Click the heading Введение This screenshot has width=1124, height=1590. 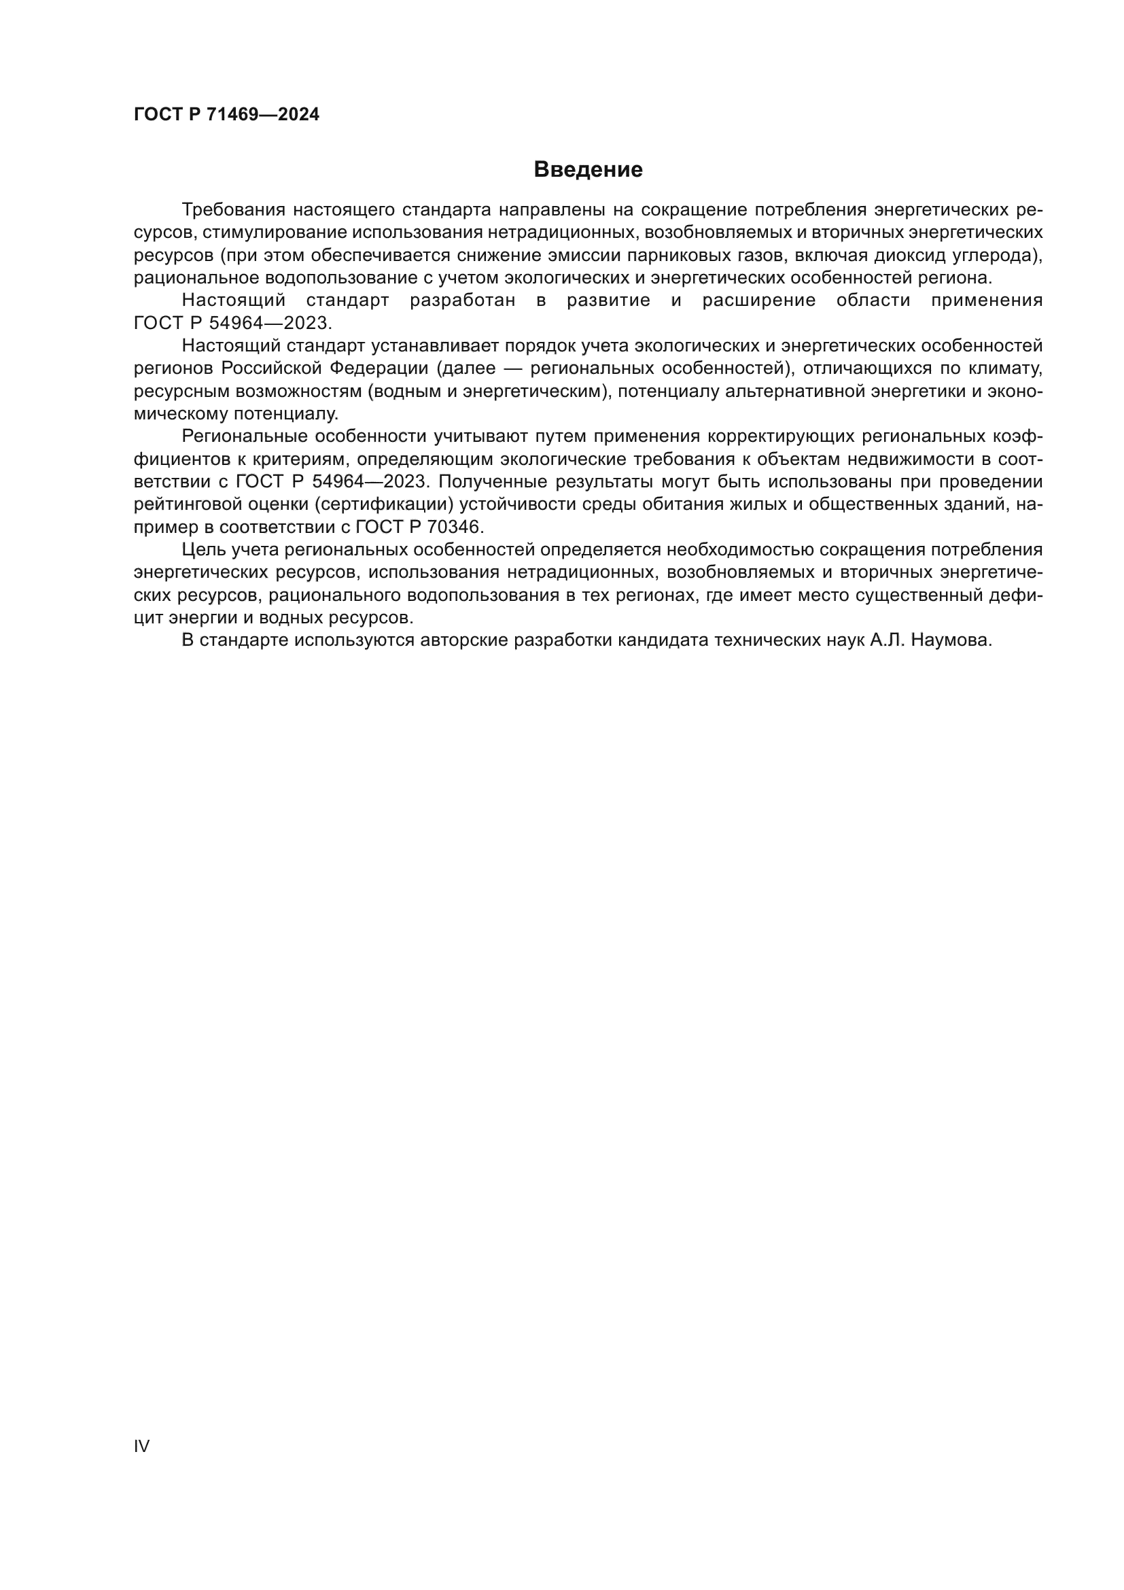[x=588, y=170]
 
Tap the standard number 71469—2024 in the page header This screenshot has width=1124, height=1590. [x=263, y=114]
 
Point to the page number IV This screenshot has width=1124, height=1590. [x=141, y=1446]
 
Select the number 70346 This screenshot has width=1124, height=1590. [x=453, y=527]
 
